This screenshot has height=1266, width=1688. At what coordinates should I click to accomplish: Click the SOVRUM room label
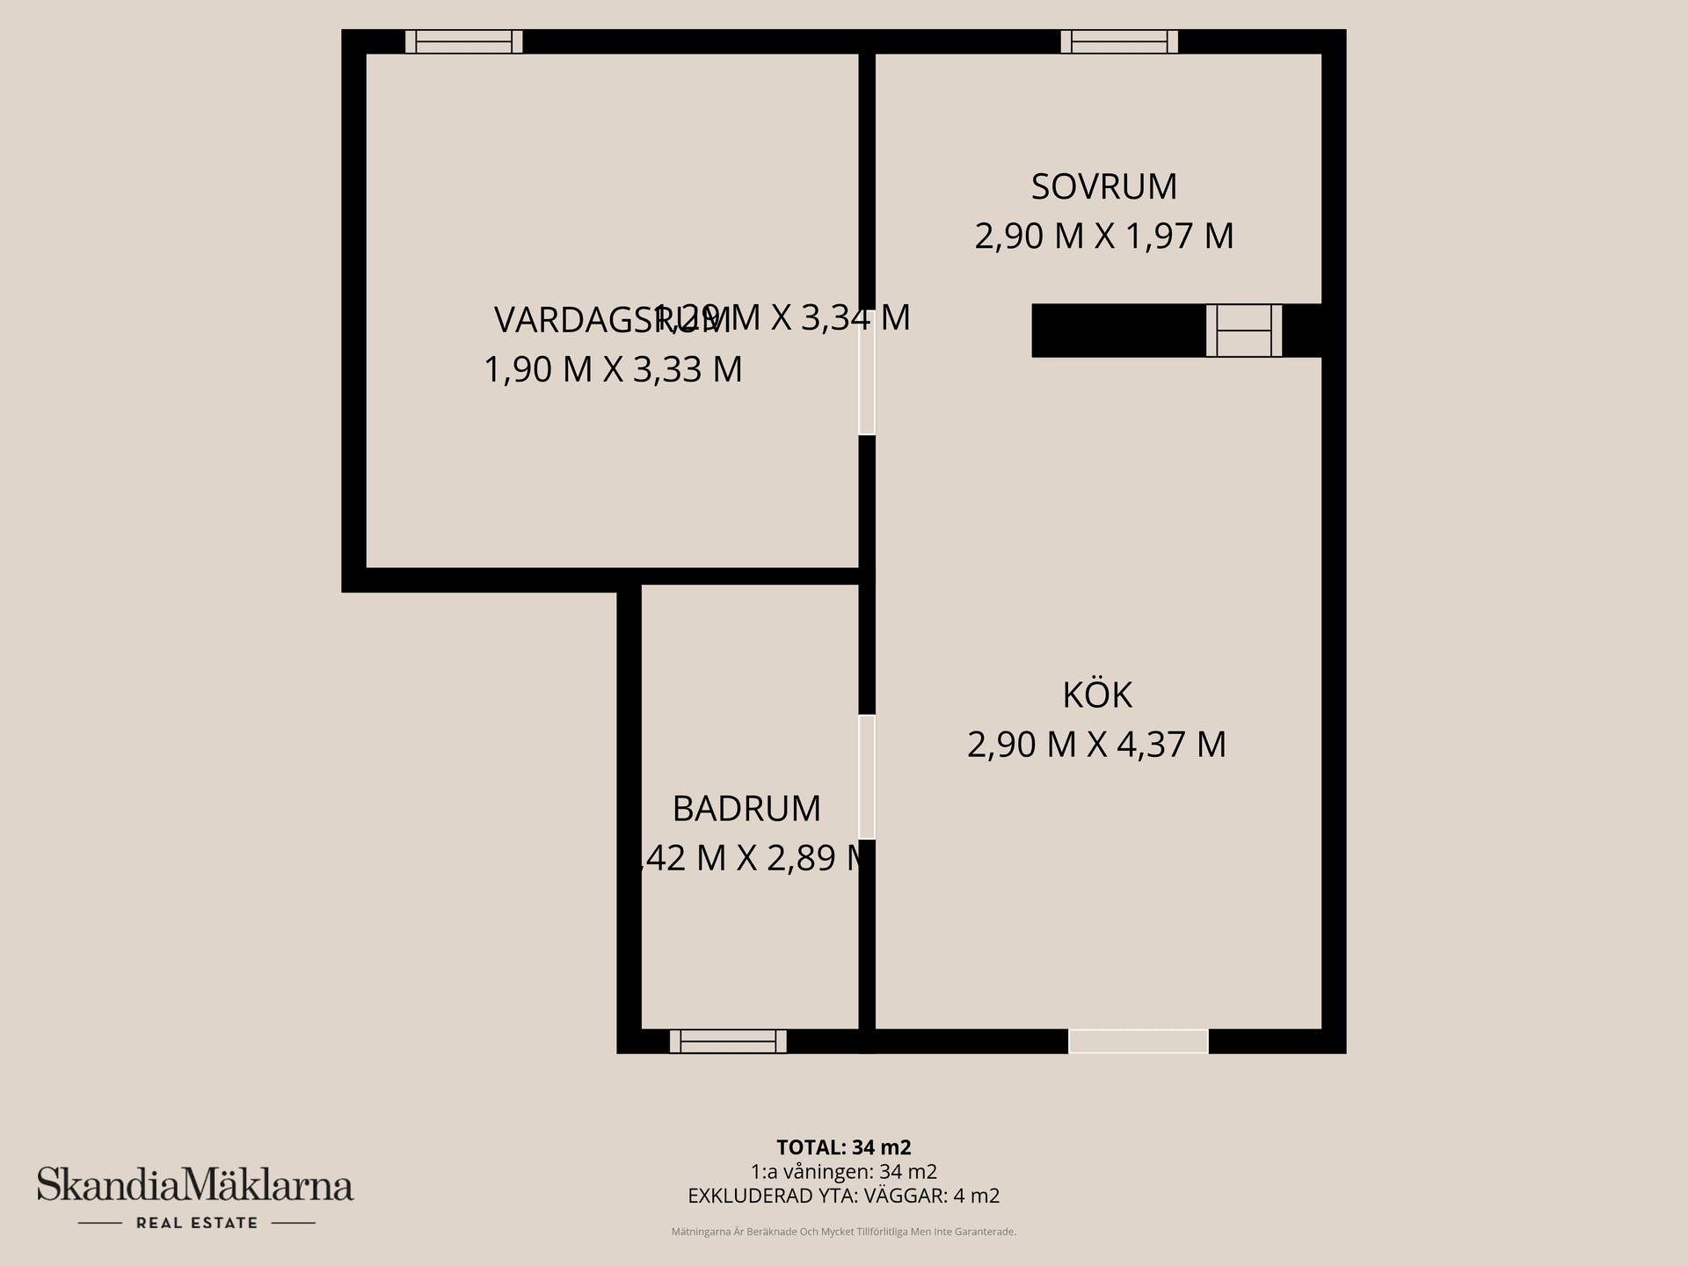[1103, 186]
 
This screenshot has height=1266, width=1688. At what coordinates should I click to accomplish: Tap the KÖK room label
[1097, 695]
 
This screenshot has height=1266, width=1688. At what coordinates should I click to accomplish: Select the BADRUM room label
[746, 809]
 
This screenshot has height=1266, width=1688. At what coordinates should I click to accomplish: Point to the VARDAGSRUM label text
[580, 321]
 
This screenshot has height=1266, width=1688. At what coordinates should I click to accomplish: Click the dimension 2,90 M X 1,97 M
[1103, 236]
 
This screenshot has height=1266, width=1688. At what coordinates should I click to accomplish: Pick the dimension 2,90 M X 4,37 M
[1096, 745]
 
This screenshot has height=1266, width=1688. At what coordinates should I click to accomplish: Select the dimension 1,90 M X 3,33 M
[613, 369]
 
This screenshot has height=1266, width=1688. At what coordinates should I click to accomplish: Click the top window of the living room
[463, 41]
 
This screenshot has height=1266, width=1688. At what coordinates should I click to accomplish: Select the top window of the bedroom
[1119, 41]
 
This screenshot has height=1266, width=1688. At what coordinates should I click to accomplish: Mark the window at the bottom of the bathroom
[728, 1041]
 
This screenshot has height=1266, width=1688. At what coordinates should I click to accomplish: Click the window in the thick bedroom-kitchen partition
[1243, 331]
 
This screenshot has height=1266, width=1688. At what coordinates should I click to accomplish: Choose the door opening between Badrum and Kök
[867, 776]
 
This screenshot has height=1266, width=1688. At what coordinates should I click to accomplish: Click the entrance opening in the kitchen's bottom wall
[1138, 1041]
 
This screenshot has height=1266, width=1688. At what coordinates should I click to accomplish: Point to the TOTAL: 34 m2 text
[843, 1147]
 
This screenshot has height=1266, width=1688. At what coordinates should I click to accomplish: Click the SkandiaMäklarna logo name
[194, 1184]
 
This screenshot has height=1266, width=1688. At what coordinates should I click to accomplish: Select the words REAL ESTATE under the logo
[196, 1223]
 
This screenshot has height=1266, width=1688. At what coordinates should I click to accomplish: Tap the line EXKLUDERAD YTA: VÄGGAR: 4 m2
[843, 1196]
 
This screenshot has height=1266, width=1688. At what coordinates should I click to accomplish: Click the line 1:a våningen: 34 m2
[843, 1172]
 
